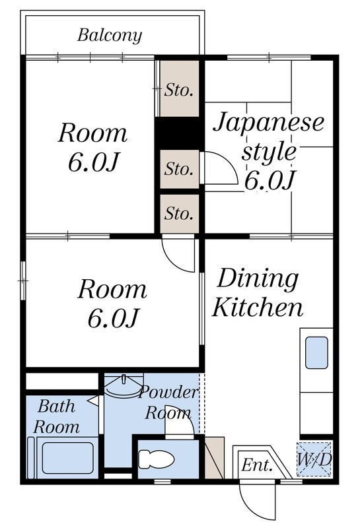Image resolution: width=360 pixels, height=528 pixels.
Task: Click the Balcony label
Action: [110, 35]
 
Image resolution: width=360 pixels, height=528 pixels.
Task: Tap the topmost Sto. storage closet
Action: [179, 89]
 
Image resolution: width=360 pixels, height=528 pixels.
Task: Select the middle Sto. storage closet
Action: [179, 170]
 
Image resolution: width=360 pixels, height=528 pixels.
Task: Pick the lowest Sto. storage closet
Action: [179, 213]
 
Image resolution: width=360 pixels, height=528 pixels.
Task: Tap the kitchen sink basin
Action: [317, 352]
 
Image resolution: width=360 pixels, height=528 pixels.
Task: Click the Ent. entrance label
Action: [256, 465]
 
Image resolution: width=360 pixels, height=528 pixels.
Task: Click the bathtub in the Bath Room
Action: [66, 457]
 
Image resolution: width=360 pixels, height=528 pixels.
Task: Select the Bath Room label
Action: [57, 415]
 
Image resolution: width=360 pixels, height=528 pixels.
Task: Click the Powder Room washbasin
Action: [123, 385]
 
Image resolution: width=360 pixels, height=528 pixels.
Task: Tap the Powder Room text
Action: [168, 403]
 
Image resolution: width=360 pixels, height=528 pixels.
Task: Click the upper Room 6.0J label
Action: [92, 147]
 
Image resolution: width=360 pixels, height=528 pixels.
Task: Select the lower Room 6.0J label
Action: [112, 303]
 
